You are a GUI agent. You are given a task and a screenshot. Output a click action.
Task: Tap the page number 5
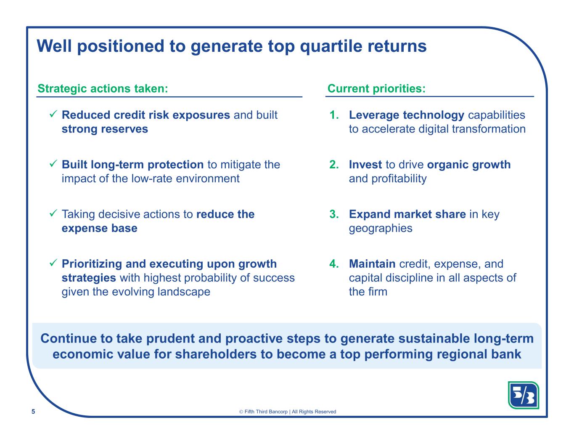pos(33,412)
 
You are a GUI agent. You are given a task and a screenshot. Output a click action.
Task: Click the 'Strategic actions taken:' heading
pos(103,88)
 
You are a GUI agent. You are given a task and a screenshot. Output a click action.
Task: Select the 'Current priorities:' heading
pos(376,88)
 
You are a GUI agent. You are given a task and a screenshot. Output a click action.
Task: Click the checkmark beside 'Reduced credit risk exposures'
pos(53,114)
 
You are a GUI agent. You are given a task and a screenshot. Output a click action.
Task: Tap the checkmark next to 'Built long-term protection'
pos(53,163)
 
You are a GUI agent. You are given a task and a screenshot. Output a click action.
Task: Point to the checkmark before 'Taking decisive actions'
pos(53,213)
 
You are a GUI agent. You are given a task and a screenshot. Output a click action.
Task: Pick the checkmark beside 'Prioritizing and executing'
pos(53,263)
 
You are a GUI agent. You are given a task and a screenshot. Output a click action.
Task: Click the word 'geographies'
pos(381,229)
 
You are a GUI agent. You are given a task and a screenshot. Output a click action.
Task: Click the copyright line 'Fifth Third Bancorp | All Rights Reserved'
pos(287,412)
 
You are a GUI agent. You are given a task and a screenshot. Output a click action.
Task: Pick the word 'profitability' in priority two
pos(399,179)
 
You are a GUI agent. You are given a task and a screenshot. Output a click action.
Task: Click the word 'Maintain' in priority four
pos(372,264)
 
